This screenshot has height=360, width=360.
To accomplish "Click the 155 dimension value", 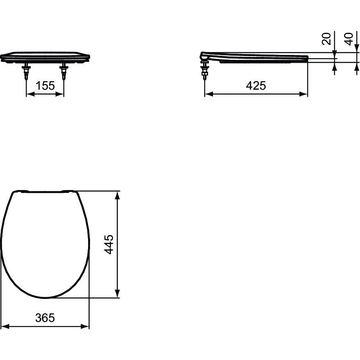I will pos(45,86).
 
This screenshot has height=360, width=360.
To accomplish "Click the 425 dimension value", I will pos(256,86).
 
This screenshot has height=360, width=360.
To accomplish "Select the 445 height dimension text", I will pos(109,245).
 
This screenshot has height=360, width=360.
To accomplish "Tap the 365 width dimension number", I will pos(45,317).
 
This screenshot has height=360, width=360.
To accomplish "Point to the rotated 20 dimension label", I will pos(326,39).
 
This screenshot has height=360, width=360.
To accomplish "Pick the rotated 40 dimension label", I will pos(349,39).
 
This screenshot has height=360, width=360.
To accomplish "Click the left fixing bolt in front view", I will pos(27,71).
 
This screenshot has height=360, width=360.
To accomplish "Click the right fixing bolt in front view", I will pos(63,71).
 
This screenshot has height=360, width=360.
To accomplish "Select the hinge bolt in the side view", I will pos(205,72).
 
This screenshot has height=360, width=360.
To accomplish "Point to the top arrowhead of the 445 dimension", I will pos(118,195).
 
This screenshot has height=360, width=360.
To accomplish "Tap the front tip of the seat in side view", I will pos(307,58).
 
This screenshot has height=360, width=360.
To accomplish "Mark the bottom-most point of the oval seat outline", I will pos(47,298).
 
